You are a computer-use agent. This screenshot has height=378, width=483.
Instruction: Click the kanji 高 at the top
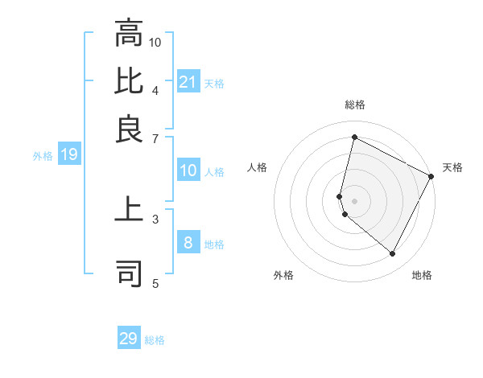129,35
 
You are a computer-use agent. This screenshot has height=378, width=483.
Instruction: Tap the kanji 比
129,82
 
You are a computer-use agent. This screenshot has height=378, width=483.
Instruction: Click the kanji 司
129,273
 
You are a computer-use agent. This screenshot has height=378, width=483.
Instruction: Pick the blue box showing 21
188,81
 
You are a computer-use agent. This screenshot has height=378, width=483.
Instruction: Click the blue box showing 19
69,154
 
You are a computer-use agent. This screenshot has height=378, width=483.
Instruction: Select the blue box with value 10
188,171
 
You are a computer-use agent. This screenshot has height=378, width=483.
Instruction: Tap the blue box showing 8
188,243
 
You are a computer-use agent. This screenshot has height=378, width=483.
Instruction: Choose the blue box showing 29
129,339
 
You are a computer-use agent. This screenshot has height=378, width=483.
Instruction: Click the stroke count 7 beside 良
155,138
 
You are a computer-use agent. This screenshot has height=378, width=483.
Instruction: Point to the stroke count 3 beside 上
155,218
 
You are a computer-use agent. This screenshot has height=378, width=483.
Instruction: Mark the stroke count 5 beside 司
155,282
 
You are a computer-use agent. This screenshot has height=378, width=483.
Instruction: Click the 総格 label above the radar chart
354,105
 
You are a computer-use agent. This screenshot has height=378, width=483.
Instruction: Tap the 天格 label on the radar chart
452,167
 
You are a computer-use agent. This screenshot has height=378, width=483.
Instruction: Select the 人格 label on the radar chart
258,167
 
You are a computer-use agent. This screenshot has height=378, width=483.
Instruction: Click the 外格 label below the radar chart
283,275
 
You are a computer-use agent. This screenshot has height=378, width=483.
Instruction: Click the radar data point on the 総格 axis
354,138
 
